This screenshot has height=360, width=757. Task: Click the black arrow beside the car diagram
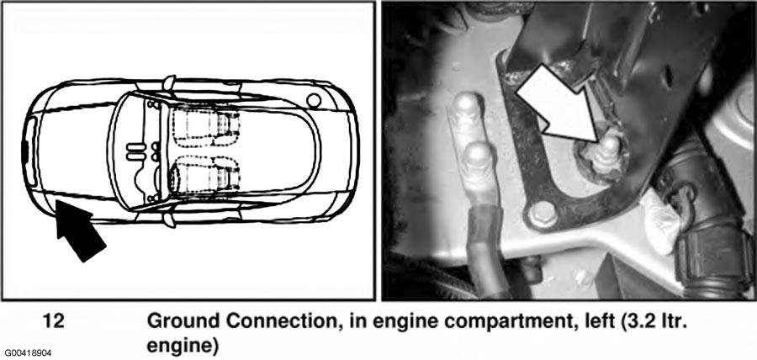79,230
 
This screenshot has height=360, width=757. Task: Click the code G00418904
26,353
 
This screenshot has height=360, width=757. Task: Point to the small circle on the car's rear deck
314,100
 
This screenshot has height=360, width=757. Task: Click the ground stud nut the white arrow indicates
602,154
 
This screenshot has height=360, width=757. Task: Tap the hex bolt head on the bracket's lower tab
542,214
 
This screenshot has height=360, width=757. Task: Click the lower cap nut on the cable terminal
477,157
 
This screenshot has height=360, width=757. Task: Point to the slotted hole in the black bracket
668,77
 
